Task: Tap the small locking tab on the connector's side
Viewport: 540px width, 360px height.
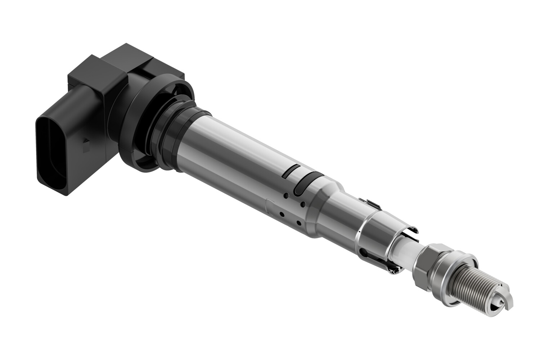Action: click(x=86, y=143)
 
